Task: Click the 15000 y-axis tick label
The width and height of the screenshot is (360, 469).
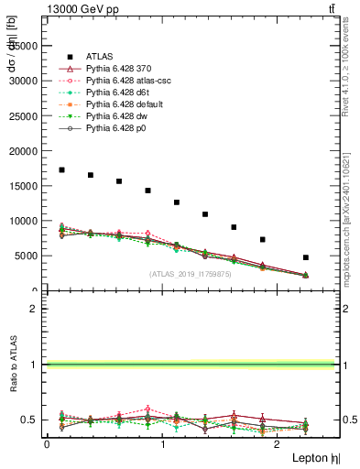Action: click(25, 186)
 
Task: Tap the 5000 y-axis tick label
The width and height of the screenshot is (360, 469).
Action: click(27, 256)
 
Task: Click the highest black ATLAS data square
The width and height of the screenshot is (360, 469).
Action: click(61, 169)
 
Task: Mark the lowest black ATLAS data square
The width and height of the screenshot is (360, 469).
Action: click(306, 257)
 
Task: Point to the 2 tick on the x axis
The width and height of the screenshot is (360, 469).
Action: click(278, 445)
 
